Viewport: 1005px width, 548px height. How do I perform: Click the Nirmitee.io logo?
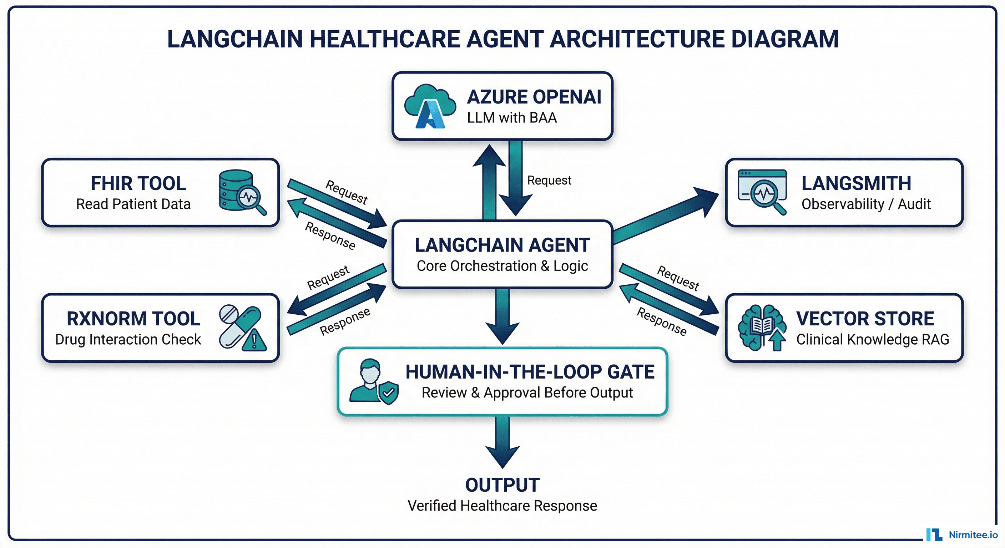tap(961, 534)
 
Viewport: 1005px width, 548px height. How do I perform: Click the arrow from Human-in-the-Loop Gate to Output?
tap(502, 441)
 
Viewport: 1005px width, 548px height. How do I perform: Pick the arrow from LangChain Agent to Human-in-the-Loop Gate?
tap(502, 316)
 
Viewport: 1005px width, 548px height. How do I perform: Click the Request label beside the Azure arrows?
tap(549, 180)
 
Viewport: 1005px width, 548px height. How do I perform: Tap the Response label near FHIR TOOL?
tap(330, 235)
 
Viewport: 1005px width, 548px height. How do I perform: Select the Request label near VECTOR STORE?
tap(678, 278)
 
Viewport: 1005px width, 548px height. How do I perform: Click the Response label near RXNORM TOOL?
tap(345, 321)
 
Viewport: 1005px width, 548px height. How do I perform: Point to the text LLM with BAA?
tap(512, 118)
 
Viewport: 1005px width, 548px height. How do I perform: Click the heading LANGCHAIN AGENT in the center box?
tap(502, 245)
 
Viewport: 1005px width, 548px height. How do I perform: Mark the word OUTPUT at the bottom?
tap(502, 485)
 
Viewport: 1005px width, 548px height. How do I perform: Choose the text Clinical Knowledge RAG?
tap(872, 339)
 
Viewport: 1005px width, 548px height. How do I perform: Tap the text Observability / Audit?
tap(866, 204)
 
